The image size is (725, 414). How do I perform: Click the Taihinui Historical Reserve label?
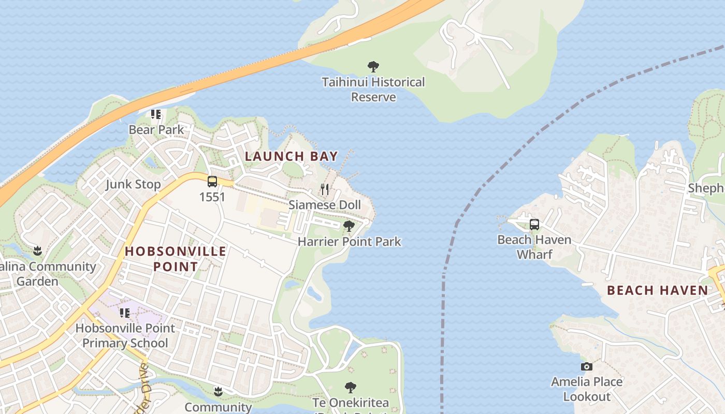373,90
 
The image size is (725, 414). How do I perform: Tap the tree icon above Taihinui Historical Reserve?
373,67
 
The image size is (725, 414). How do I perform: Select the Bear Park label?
156,129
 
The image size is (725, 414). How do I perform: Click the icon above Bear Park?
156,114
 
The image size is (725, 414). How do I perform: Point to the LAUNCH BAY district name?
291,156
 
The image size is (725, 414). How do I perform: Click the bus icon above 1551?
212,182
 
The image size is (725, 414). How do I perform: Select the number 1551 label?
212,197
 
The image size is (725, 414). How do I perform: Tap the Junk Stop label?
133,184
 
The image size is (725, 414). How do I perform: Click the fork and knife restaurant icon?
325,189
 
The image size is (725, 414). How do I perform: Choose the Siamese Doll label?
325,205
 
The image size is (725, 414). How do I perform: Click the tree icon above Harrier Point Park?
349,226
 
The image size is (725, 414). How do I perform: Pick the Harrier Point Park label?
349,242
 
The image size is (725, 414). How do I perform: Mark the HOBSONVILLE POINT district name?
176,259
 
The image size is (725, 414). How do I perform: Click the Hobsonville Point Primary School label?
125,335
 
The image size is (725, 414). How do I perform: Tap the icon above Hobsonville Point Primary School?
125,313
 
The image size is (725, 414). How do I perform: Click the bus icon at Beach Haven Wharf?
534,225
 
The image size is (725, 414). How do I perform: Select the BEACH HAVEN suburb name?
657,290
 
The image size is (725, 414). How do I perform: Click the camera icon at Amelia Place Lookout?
586,366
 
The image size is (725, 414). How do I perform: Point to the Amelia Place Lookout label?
586,389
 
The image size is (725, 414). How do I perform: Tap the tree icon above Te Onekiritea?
351,388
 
